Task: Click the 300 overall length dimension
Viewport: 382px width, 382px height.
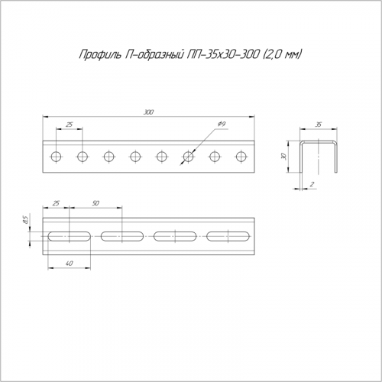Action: point(148,112)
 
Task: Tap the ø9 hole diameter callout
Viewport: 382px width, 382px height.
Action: point(222,125)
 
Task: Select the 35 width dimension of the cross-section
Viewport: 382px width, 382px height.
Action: point(319,125)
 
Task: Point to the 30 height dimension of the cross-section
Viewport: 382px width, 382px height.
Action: point(284,157)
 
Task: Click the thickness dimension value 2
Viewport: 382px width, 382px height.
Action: point(312,184)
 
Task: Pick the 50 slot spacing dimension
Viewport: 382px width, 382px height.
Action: point(95,203)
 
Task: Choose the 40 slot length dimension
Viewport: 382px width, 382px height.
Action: point(70,264)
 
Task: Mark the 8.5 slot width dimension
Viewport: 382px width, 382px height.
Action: point(25,219)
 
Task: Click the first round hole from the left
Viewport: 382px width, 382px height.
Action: point(56,157)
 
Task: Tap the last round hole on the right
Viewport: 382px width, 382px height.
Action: point(241,157)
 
